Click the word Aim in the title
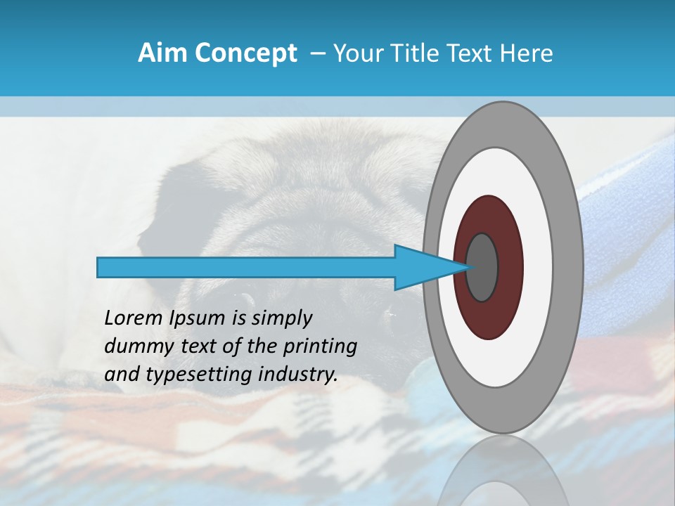162,53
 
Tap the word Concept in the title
245,53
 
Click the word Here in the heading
527,53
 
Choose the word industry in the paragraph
297,375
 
